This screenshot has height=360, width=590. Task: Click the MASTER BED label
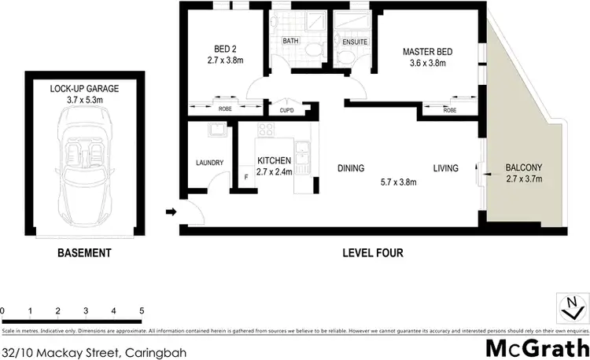click(x=428, y=52)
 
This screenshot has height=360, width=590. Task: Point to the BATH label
click(x=289, y=40)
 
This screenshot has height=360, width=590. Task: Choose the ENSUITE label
click(x=349, y=40)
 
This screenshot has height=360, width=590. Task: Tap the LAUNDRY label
click(x=210, y=163)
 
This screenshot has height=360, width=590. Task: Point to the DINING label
click(x=352, y=168)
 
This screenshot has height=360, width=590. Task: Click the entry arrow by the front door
click(x=170, y=211)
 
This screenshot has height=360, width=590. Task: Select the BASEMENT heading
click(x=84, y=253)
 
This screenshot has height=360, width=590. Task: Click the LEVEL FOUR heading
click(x=373, y=253)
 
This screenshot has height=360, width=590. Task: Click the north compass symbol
click(x=572, y=304)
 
